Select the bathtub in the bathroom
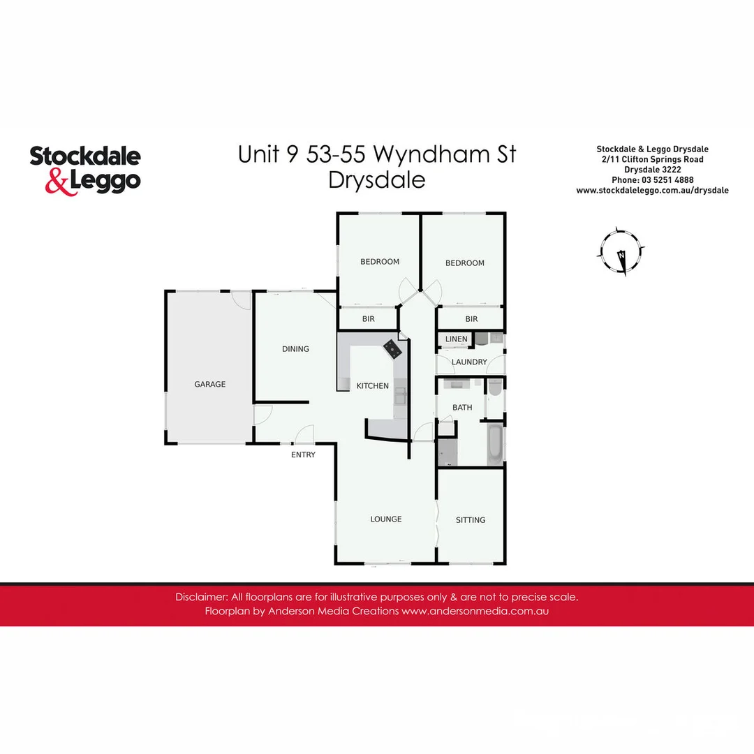click(x=494, y=445)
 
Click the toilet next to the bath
click(x=494, y=387)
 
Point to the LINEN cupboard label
click(x=457, y=339)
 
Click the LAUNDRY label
click(x=469, y=362)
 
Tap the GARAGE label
click(x=210, y=384)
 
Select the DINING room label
click(x=295, y=349)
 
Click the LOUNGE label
click(x=386, y=519)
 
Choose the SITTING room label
click(x=471, y=520)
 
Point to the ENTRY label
click(x=304, y=455)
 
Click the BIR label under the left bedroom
click(x=369, y=319)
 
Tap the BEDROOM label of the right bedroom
click(x=465, y=263)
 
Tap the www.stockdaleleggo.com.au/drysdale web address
click(x=652, y=190)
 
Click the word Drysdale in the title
click(x=377, y=180)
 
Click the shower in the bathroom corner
click(x=447, y=452)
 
